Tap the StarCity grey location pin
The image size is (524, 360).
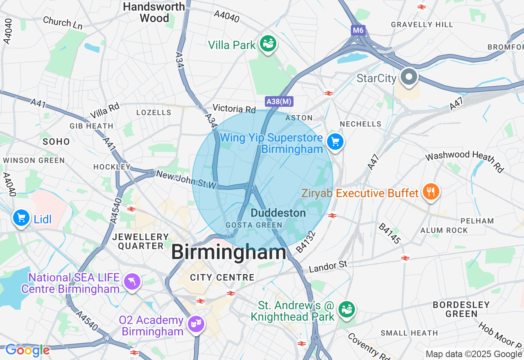pyautogui.click(x=408, y=76)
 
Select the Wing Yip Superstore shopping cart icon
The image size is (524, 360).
pyautogui.click(x=335, y=142)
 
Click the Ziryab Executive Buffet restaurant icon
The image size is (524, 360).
pyautogui.click(x=430, y=191)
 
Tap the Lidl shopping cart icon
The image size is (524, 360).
pyautogui.click(x=21, y=218)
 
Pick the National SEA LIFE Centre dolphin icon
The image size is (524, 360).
pyautogui.click(x=132, y=281)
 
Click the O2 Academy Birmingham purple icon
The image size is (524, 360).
pyautogui.click(x=196, y=324)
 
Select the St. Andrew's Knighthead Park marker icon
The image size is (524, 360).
pyautogui.click(x=347, y=309)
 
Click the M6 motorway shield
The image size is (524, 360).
pyautogui.click(x=357, y=30)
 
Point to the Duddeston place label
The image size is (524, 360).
pyautogui.click(x=278, y=213)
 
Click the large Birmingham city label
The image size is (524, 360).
pyautogui.click(x=228, y=252)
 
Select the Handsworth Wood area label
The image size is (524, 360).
pyautogui.click(x=154, y=12)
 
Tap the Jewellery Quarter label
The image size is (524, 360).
pyautogui.click(x=140, y=241)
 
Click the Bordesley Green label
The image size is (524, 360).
pyautogui.click(x=461, y=309)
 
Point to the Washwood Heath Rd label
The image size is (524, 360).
pyautogui.click(x=464, y=161)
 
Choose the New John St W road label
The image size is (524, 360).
pyautogui.click(x=186, y=180)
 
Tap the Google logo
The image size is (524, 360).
pyautogui.click(x=27, y=350)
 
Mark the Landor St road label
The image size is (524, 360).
pyautogui.click(x=328, y=267)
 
